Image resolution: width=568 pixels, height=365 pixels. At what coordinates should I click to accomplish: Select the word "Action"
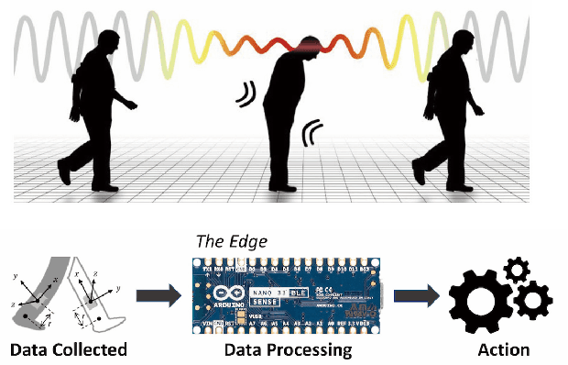[504, 349]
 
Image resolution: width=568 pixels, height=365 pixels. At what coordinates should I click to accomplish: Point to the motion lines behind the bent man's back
[248, 94]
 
